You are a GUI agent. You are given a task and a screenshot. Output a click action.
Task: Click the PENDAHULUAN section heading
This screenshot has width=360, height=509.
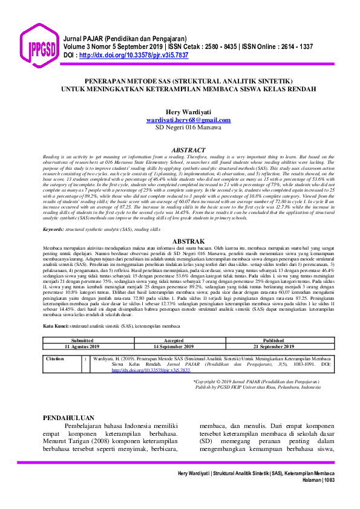point(70,418)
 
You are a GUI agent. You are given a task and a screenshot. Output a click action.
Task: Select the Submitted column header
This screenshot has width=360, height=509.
point(82,341)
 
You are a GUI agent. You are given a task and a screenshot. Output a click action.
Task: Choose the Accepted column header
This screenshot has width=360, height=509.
point(174,341)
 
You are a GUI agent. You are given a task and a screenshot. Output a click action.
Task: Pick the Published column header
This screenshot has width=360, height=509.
point(273,341)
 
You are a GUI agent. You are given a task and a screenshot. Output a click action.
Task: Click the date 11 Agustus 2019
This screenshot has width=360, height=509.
point(82,347)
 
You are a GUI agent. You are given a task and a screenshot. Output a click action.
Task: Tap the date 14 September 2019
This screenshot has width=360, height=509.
point(174,347)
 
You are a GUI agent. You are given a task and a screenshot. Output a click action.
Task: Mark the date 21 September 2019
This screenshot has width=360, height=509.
point(273,347)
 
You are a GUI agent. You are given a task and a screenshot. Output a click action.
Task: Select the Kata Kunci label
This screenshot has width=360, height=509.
point(56,325)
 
